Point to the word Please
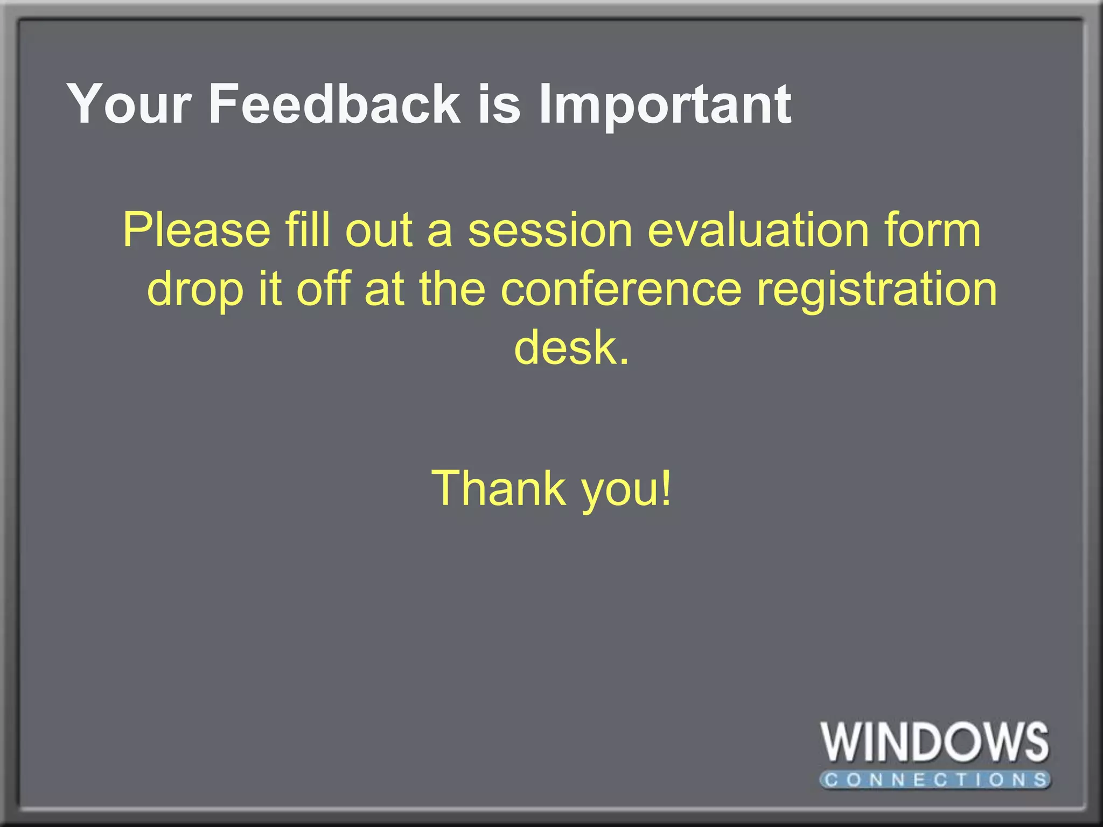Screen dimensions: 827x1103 click(197, 230)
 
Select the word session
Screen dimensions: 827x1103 click(550, 230)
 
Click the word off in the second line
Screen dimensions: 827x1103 click(323, 289)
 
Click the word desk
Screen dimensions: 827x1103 click(571, 348)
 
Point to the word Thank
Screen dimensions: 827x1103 click(499, 488)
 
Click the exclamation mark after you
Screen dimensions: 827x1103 click(667, 487)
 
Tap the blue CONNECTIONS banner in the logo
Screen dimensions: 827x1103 click(935, 780)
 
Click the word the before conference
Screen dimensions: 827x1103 click(452, 289)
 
